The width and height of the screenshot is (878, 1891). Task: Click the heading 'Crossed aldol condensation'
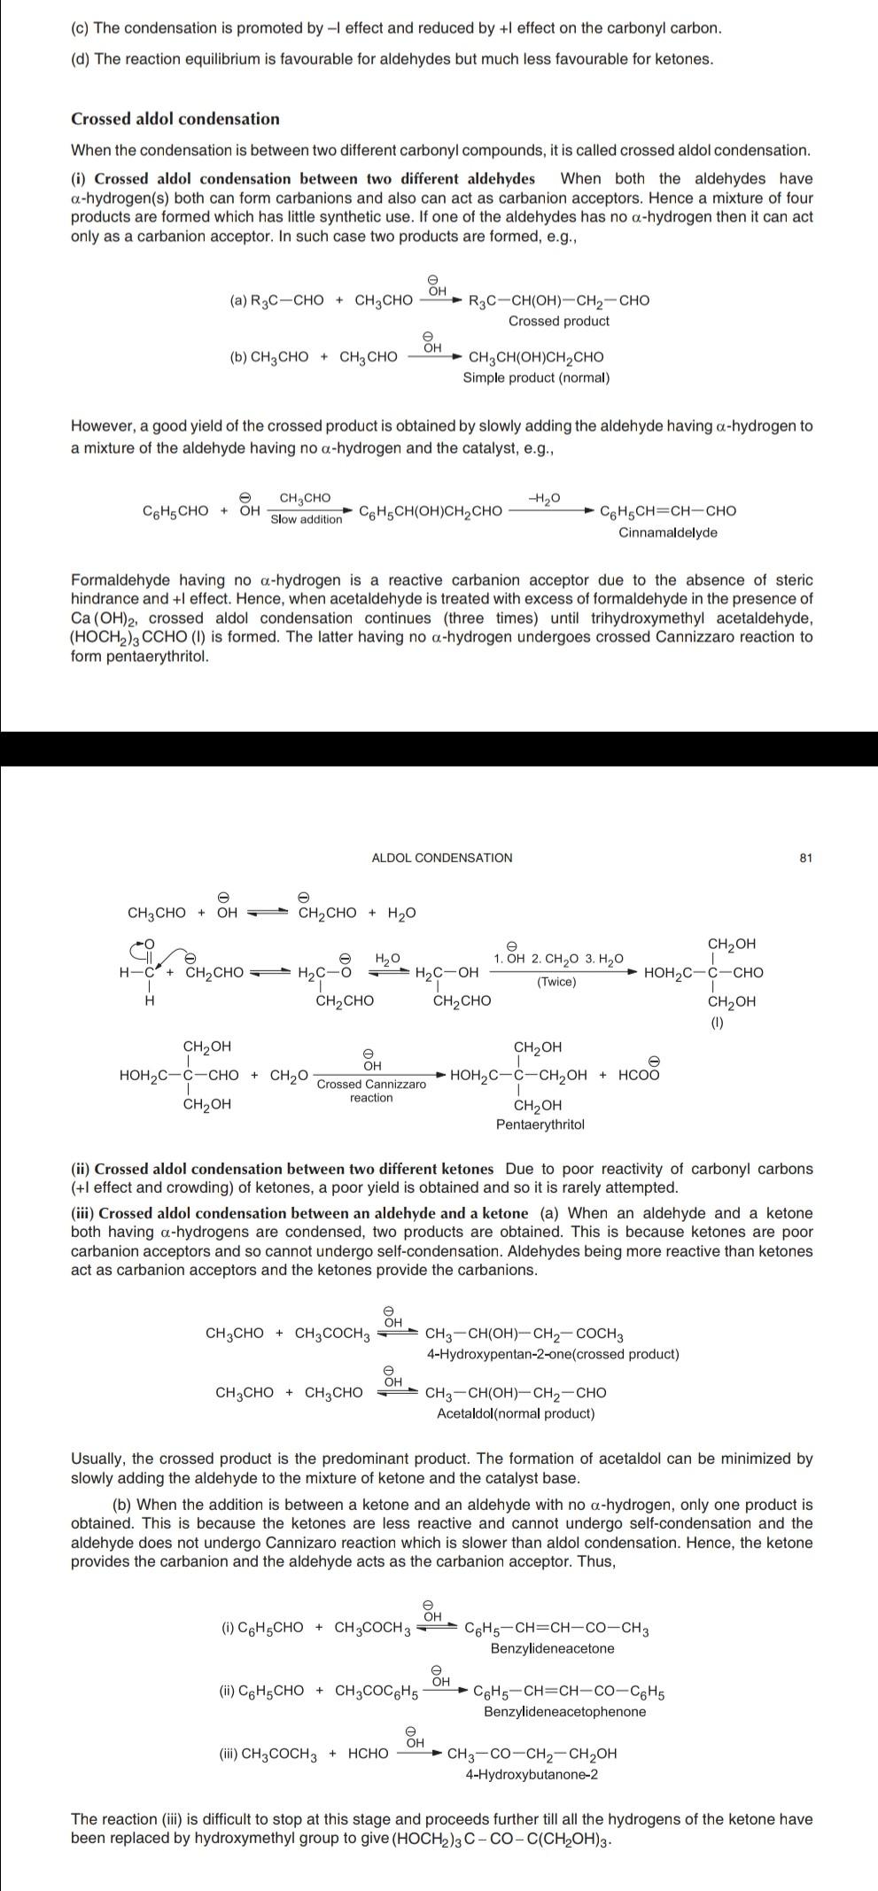tap(175, 119)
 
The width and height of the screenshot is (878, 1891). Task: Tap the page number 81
tap(805, 858)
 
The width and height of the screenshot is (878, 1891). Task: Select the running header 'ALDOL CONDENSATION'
tap(441, 858)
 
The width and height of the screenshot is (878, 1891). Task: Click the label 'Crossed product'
tap(558, 321)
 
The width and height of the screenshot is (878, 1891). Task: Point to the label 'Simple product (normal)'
tap(536, 377)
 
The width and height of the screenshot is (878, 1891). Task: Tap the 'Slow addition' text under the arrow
tap(306, 519)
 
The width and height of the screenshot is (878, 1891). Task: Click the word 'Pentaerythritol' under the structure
tap(540, 1124)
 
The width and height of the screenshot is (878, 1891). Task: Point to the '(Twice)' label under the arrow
tap(556, 981)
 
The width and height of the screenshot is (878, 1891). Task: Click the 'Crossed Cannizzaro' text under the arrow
tap(371, 1084)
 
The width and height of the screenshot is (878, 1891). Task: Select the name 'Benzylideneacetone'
tap(552, 1648)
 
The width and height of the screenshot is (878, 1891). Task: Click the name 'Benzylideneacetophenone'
tap(564, 1711)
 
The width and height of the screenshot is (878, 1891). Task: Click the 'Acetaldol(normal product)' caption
tap(516, 1413)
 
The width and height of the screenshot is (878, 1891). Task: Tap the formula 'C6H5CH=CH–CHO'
tap(667, 511)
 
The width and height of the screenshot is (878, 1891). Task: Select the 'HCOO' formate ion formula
tap(639, 1076)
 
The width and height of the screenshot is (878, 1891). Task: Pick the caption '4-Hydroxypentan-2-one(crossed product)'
tap(552, 1354)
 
